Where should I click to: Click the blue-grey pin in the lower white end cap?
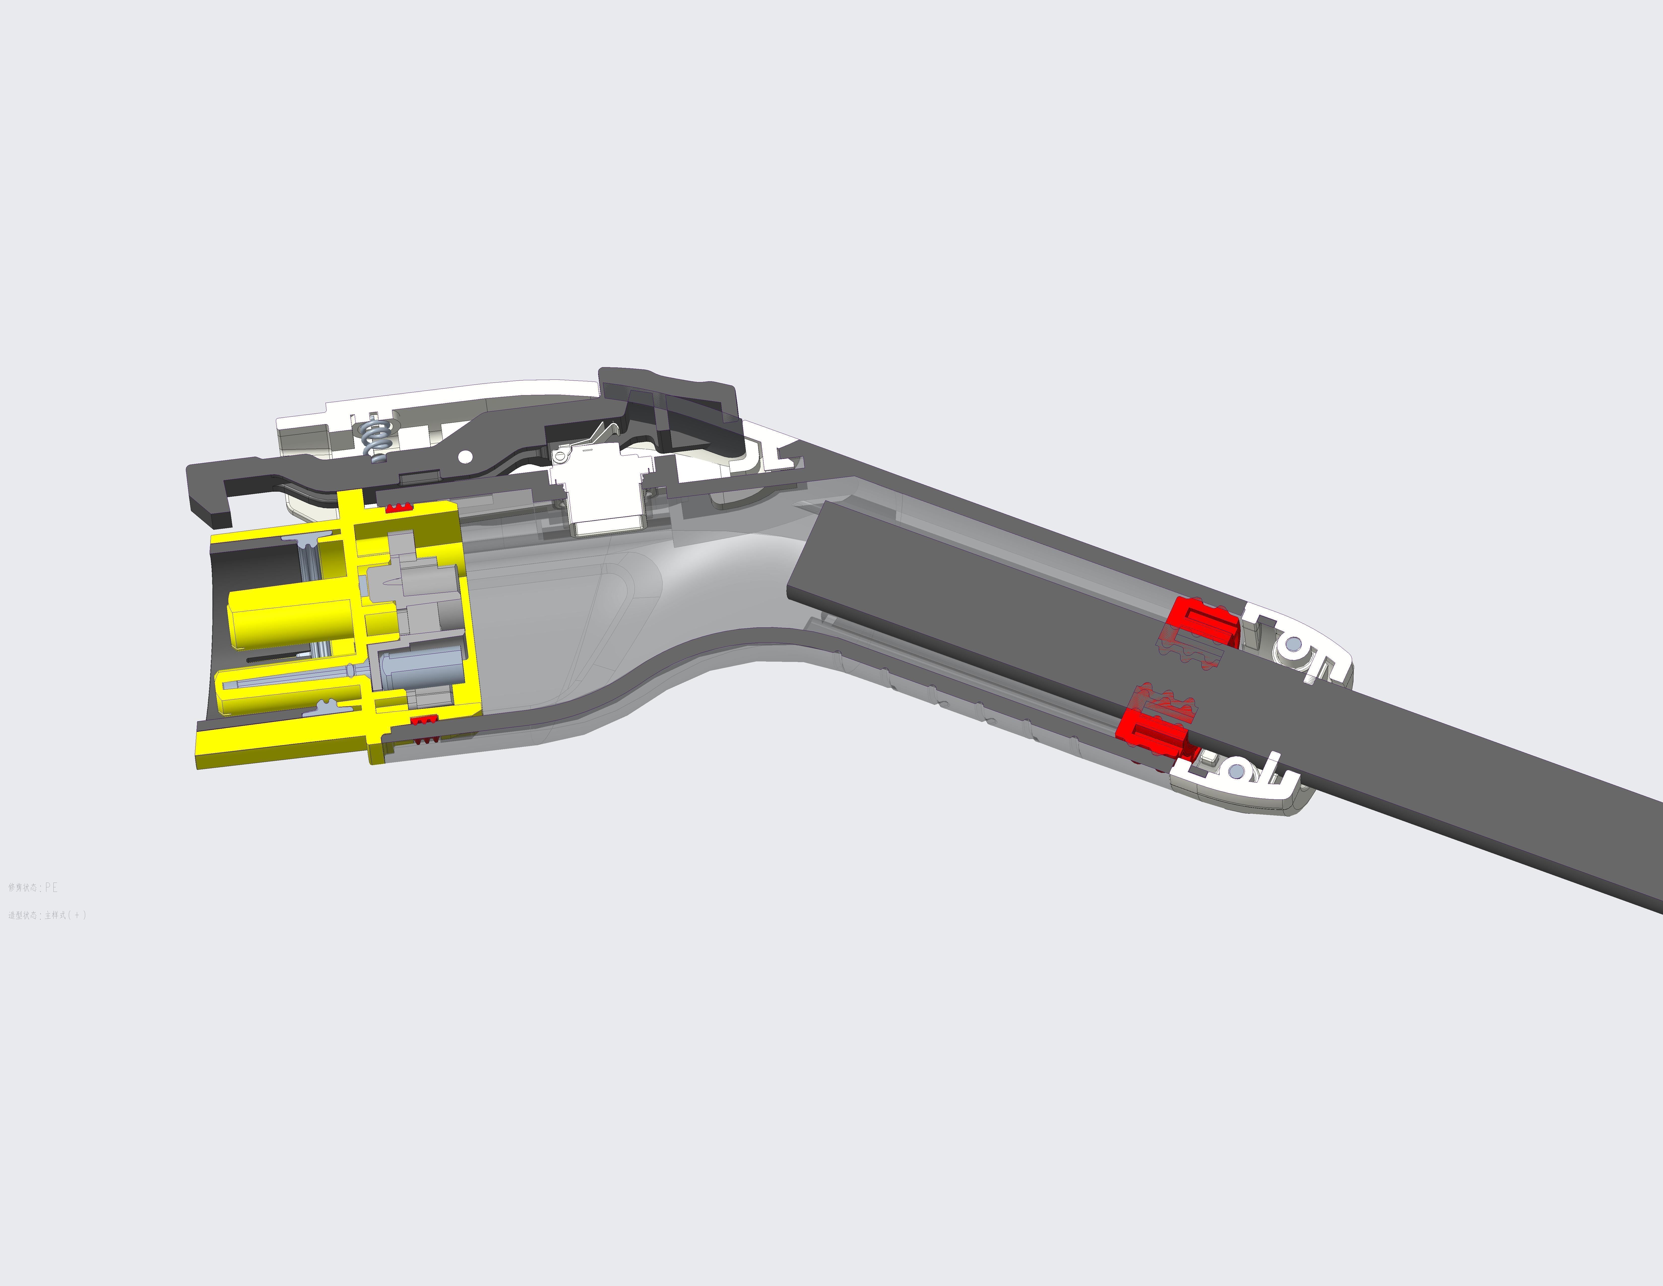click(1236, 773)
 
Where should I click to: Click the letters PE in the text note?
click(51, 888)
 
